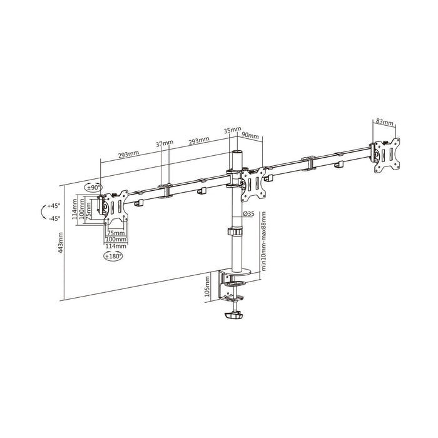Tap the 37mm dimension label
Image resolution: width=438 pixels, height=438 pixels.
pyautogui.click(x=164, y=144)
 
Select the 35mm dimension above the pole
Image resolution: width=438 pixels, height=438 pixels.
pyautogui.click(x=232, y=131)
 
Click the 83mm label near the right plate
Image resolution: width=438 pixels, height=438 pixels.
pyautogui.click(x=384, y=123)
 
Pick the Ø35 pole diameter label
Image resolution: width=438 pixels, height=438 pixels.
pyautogui.click(x=247, y=214)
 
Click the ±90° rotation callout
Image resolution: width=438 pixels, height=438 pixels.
pyautogui.click(x=94, y=187)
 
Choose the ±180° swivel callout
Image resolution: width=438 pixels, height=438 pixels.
pyautogui.click(x=115, y=255)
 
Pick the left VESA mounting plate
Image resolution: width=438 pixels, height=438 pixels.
pyautogui.click(x=115, y=207)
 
